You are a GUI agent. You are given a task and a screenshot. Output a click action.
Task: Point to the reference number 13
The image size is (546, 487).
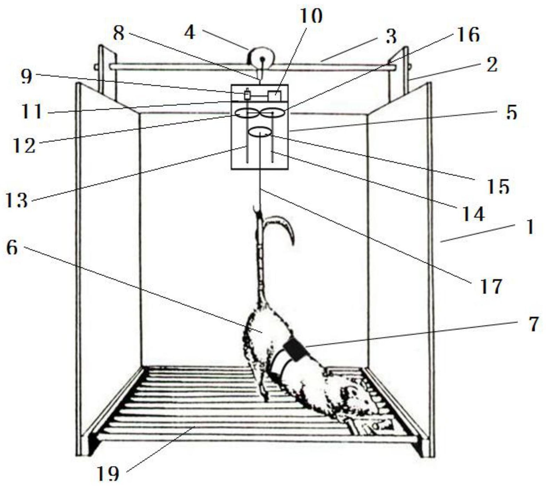[17, 201]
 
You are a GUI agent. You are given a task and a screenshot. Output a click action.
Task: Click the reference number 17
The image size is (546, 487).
[491, 286]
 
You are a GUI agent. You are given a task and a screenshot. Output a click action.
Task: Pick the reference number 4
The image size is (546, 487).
[190, 33]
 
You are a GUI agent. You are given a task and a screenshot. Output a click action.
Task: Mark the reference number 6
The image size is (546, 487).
[12, 248]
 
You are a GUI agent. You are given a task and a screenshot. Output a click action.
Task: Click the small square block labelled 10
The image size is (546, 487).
[274, 95]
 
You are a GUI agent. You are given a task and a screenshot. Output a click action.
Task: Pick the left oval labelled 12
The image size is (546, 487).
[246, 113]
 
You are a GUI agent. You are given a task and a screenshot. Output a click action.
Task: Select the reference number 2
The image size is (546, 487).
[491, 65]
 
